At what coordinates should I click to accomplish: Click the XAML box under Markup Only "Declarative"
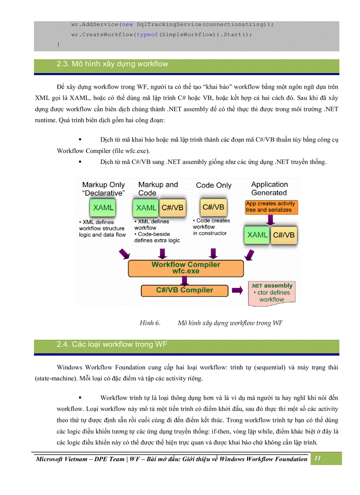point(103,208)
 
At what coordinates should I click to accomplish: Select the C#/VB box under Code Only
point(213,207)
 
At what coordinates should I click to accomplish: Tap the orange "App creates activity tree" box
point(270,207)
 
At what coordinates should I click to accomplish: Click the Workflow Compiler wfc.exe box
point(186,268)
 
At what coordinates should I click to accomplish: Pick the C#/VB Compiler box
point(184,290)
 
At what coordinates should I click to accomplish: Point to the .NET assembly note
point(272,293)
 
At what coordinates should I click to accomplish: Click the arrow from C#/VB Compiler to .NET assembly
point(237,290)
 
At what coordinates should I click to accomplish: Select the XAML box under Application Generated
point(257,235)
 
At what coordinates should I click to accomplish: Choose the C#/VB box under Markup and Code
point(172,208)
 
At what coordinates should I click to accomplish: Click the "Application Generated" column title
point(269,189)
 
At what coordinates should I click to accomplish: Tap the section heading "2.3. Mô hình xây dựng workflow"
point(112,64)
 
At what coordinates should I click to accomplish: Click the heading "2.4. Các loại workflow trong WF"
point(112,345)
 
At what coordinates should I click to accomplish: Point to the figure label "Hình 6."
point(150,323)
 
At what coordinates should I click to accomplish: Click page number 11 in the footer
point(317,459)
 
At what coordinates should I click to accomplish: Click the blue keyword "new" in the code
point(127,24)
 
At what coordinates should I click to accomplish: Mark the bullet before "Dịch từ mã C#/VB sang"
point(80,162)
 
